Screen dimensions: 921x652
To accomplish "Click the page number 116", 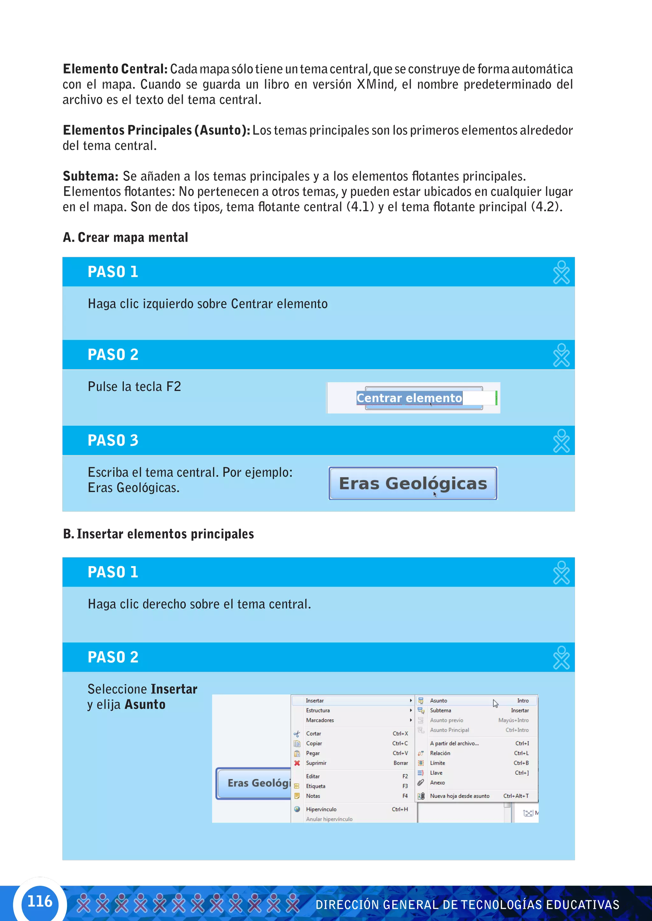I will (x=40, y=901).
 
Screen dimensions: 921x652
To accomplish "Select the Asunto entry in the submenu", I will (x=438, y=700).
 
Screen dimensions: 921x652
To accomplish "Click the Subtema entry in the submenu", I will (x=440, y=710).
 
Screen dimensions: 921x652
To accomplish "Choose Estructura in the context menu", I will (x=318, y=710).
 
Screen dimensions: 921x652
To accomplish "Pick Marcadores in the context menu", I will (x=320, y=720).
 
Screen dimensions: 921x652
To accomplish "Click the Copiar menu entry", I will (x=314, y=743).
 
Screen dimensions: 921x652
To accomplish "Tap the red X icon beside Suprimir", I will (x=297, y=763).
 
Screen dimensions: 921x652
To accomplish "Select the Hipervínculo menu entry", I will (x=321, y=809).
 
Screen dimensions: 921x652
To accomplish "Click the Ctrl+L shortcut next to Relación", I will (x=521, y=753).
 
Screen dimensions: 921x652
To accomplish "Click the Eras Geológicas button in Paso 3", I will (x=413, y=483).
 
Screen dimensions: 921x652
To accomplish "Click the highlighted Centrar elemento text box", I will (x=409, y=398).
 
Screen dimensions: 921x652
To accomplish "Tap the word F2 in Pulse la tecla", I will (x=174, y=387).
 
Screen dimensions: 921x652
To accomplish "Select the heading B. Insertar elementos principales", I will (x=159, y=534).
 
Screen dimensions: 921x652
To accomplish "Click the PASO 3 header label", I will (x=113, y=440).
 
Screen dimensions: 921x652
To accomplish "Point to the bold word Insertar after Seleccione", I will (x=174, y=689).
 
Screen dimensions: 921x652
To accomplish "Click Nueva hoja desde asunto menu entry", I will (x=460, y=796).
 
